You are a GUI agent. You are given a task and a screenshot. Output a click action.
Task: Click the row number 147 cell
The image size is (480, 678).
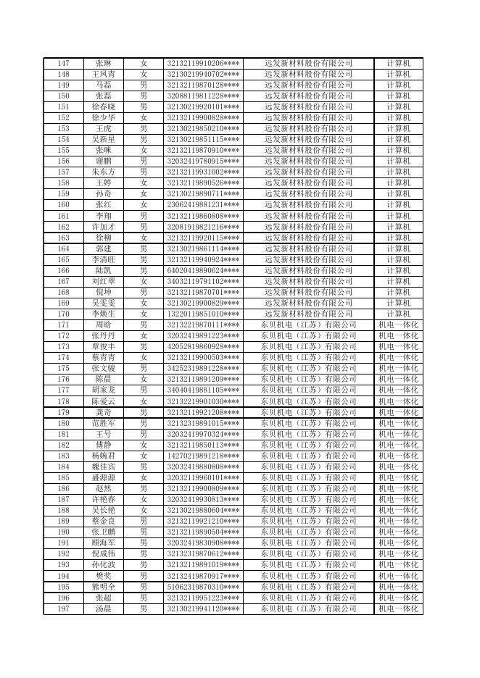pyautogui.click(x=63, y=63)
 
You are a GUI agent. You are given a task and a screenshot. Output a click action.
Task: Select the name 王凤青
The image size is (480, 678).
pyautogui.click(x=104, y=74)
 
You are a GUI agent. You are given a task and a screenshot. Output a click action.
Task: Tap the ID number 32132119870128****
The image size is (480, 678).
pyautogui.click(x=204, y=85)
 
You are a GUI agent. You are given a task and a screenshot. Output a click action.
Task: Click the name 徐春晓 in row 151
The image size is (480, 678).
pyautogui.click(x=104, y=106)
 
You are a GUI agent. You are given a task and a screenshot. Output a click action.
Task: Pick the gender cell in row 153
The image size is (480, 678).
pyautogui.click(x=144, y=128)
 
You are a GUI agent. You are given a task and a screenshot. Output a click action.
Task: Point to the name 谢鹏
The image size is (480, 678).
pyautogui.click(x=104, y=161)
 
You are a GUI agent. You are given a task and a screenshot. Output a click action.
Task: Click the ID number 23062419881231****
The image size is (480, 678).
pyautogui.click(x=204, y=205)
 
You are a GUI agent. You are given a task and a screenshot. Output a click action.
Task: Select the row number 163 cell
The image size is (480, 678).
pyautogui.click(x=63, y=238)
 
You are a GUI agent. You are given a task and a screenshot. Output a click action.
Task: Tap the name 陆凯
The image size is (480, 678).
pyautogui.click(x=104, y=270)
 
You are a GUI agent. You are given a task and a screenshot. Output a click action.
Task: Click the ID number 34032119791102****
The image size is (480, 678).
pyautogui.click(x=204, y=281)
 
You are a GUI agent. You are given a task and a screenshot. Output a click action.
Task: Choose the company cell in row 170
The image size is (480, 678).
pyautogui.click(x=308, y=314)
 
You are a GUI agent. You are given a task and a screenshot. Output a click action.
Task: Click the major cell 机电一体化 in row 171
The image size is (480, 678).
pyautogui.click(x=398, y=325)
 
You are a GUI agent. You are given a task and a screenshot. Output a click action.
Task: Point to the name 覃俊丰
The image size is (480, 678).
pyautogui.click(x=104, y=347)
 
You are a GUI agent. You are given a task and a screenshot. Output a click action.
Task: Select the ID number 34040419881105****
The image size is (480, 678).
pyautogui.click(x=204, y=390)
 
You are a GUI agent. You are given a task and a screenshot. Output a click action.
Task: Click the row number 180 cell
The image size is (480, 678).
pyautogui.click(x=63, y=423)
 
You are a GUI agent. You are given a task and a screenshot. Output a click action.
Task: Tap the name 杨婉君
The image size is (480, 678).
pyautogui.click(x=104, y=456)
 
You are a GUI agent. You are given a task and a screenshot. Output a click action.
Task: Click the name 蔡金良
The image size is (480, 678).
pyautogui.click(x=104, y=522)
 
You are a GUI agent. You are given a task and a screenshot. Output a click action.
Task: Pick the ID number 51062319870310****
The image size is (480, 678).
pyautogui.click(x=204, y=587)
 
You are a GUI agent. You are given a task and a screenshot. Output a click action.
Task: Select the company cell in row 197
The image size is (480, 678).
pyautogui.click(x=308, y=609)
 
